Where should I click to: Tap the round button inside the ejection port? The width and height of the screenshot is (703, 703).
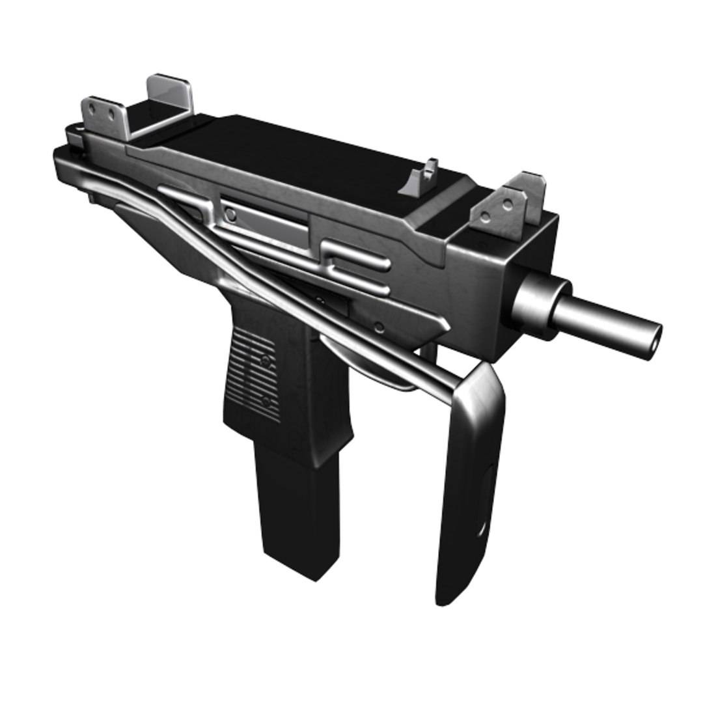pyautogui.click(x=230, y=214)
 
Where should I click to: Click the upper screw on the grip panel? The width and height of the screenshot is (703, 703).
pyautogui.click(x=265, y=360)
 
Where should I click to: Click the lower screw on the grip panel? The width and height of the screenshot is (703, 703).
pyautogui.click(x=266, y=400)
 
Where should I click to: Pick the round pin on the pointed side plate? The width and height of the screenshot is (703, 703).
pyautogui.click(x=378, y=327)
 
